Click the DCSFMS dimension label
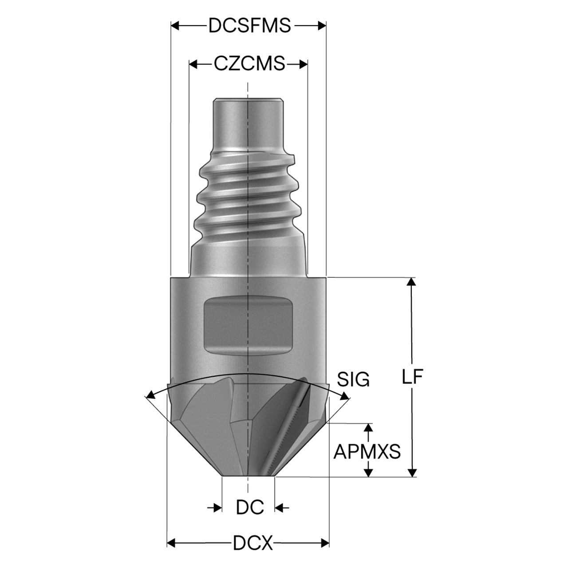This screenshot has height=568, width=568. click(x=249, y=26)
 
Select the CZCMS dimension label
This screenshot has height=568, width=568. click(x=249, y=63)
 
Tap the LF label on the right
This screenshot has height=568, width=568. click(x=413, y=376)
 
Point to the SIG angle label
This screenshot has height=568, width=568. click(x=353, y=379)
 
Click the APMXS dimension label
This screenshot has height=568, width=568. click(x=367, y=451)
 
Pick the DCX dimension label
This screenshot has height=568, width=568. click(x=253, y=543)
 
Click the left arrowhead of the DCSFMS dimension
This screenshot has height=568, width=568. click(x=175, y=26)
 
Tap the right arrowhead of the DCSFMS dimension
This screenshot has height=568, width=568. click(x=322, y=26)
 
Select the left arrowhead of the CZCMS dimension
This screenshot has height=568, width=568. click(x=193, y=64)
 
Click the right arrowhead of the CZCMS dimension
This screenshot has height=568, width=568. click(x=304, y=64)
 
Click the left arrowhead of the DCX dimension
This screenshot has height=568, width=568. click(x=171, y=543)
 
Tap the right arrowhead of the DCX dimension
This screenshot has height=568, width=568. click(x=325, y=543)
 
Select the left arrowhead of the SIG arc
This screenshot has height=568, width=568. click(x=151, y=394)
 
